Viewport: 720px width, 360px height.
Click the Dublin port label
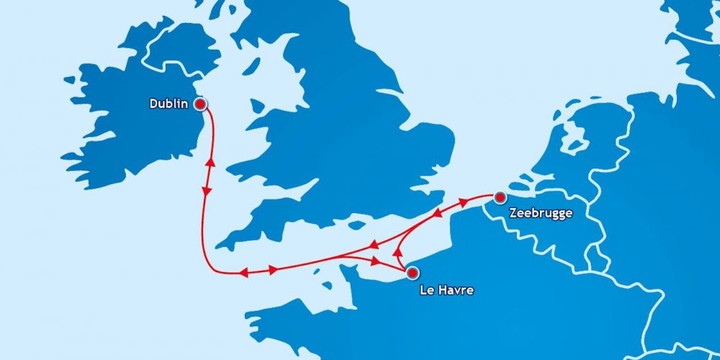(x=168, y=104)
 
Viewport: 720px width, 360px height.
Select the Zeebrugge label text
(x=540, y=213)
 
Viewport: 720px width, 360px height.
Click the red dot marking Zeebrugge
(x=500, y=197)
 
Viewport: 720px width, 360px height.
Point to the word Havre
(x=456, y=291)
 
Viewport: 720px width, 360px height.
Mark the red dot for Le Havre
(x=412, y=273)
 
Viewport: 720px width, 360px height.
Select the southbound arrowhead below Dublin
(x=207, y=192)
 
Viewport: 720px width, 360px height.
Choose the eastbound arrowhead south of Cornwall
(x=273, y=270)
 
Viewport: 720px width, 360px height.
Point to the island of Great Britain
(x=338, y=130)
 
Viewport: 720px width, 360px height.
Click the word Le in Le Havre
(x=426, y=291)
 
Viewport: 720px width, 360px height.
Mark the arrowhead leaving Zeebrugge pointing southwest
(x=436, y=214)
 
